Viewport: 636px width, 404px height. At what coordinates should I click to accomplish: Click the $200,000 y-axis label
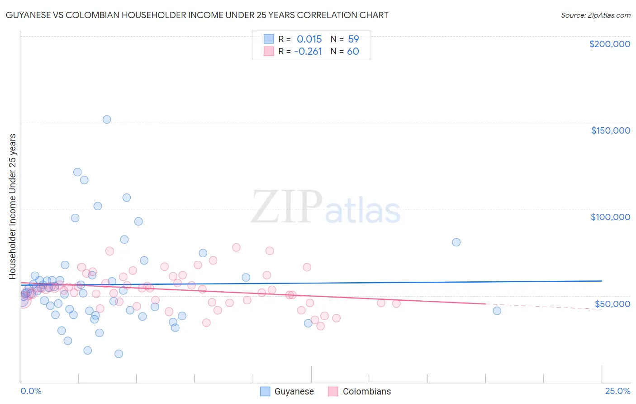pos(609,44)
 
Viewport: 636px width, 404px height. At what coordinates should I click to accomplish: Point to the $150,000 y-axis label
pos(610,130)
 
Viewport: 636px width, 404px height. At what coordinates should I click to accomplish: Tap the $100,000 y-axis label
pos(610,217)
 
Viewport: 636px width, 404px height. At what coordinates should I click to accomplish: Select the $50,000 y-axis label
pos(612,303)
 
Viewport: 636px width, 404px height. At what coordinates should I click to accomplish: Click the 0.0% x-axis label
pos(31,391)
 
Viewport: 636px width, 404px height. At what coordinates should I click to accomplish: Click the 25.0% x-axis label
pos(617,391)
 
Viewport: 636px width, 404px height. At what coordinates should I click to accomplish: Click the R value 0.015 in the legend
pos(309,39)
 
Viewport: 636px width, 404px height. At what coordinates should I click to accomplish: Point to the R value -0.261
pos(308,52)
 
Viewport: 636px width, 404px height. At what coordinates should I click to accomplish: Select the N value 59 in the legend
pos(353,39)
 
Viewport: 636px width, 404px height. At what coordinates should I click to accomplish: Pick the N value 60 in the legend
pos(353,52)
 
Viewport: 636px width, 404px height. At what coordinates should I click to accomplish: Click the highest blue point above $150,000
pos(107,120)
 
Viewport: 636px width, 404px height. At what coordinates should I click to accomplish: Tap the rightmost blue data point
pos(497,311)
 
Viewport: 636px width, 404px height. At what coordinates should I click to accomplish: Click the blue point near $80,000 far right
pos(456,242)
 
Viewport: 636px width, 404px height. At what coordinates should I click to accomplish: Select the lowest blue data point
pos(119,354)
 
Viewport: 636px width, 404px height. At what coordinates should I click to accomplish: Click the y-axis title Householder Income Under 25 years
pos(12,207)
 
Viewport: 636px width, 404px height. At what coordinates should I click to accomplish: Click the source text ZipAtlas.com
pos(595,15)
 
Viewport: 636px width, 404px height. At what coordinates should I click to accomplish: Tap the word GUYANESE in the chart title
pos(29,15)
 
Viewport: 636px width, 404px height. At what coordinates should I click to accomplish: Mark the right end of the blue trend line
pos(602,281)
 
